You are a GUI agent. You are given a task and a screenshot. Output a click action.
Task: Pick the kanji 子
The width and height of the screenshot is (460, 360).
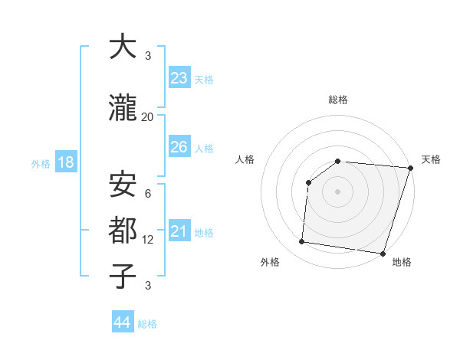[x=123, y=276]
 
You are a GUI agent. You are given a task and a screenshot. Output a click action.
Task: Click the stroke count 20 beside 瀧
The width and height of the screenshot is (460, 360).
[x=147, y=117]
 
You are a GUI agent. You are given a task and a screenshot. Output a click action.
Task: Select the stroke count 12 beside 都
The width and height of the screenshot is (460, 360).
[x=147, y=239]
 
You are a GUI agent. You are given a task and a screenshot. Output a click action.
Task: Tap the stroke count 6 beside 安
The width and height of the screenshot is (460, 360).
[x=147, y=193]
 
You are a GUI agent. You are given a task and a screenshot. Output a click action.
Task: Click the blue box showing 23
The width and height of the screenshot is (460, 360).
[x=179, y=78]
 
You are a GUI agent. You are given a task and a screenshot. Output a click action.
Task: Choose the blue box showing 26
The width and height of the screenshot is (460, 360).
[x=179, y=146]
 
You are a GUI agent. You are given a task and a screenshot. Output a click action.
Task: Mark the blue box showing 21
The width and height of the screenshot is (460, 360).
[x=179, y=231]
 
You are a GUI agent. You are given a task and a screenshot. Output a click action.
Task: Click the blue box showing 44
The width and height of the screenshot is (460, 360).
[x=123, y=322]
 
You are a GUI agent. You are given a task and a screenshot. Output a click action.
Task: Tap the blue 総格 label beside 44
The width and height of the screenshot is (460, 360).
[x=147, y=324]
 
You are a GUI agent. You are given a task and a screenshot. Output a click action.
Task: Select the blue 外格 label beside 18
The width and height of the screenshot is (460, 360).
[x=41, y=163]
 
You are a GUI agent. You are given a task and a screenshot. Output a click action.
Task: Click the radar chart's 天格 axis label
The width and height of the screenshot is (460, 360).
[x=431, y=159]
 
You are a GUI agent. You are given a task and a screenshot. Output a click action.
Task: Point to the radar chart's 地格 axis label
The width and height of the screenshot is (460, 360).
[x=402, y=262]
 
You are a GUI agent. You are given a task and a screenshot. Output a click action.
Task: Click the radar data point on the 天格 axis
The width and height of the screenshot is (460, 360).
[x=410, y=168]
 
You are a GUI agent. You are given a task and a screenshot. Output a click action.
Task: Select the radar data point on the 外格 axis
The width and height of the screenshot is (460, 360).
[x=302, y=242]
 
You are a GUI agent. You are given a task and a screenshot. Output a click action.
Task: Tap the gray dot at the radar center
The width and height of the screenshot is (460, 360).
[x=337, y=191]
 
